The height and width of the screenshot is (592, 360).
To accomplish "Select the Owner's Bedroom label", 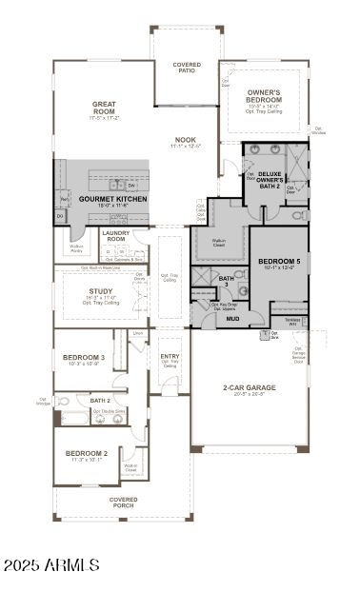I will pos(264,96).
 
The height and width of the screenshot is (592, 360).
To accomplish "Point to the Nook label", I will pos(185,140).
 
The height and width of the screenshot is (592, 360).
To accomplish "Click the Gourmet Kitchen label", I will pos(113,199).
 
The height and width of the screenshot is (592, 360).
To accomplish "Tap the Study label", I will pos(101,291).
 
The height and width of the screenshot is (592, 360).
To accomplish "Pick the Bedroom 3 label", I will pos(84,358).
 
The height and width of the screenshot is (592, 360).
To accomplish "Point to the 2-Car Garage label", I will pos(250,387).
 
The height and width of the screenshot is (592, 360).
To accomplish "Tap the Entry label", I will pos(170,358).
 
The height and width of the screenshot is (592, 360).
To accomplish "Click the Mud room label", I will pos(232,318).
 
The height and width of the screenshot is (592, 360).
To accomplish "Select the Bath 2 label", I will pos(100,401).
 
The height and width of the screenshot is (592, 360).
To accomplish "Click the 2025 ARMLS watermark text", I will pos(51,565).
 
